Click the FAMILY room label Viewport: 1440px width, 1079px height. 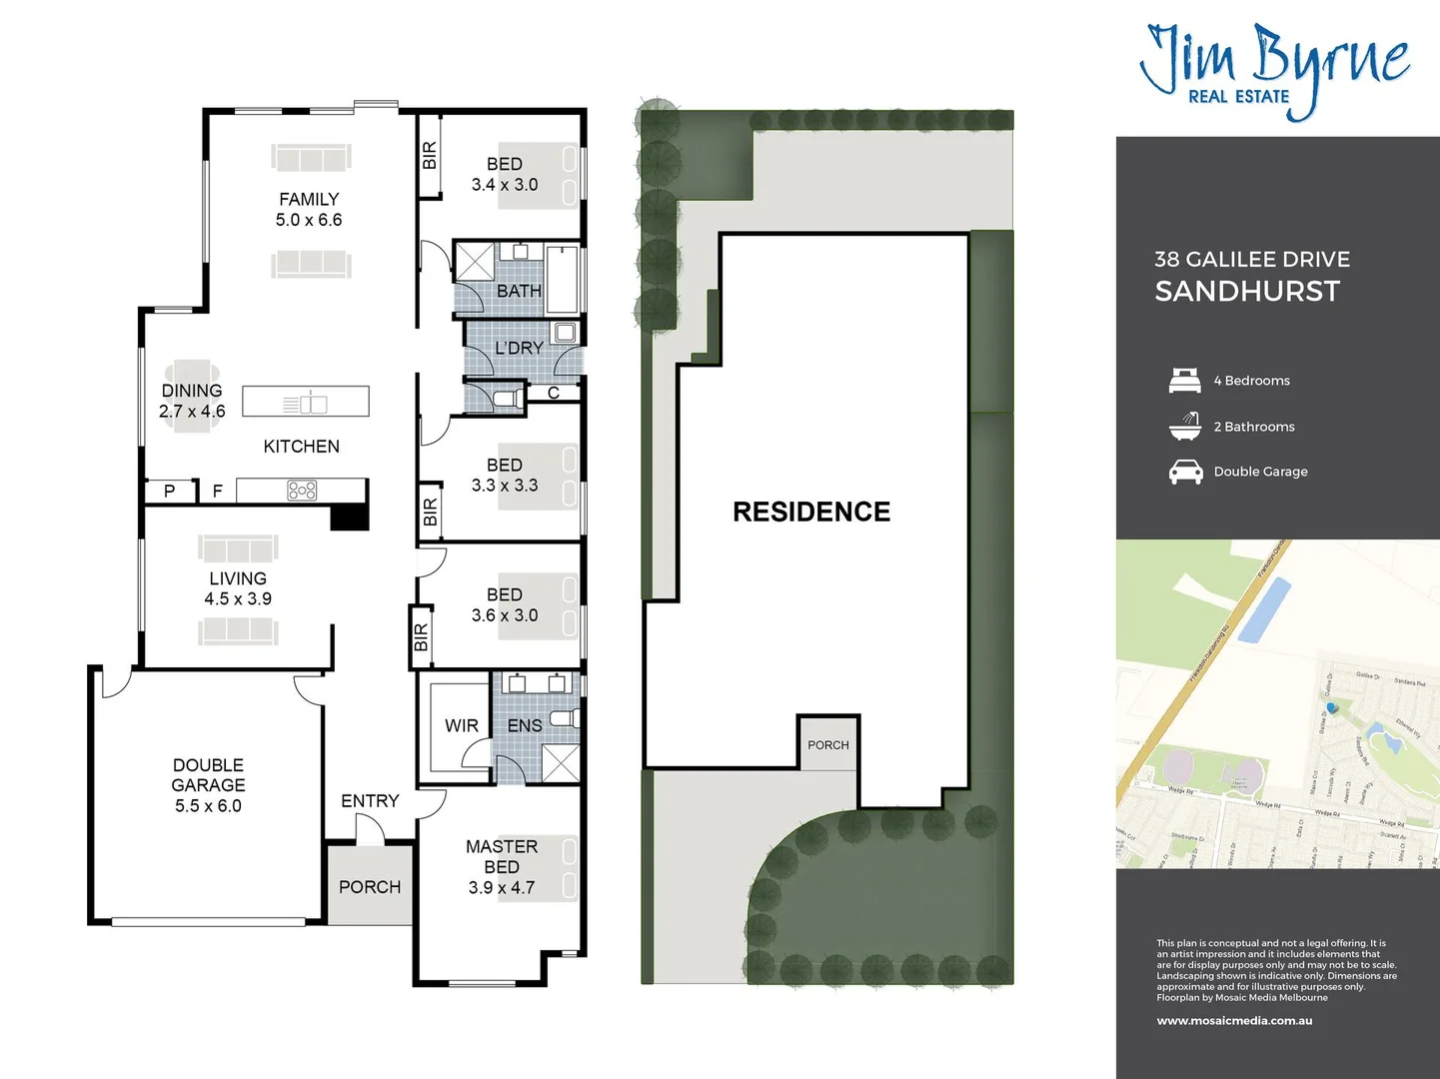(309, 200)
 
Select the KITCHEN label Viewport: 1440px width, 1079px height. (301, 447)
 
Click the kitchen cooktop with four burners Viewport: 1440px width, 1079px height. (302, 490)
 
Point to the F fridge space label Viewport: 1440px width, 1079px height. (217, 492)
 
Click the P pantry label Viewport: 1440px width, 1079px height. (169, 492)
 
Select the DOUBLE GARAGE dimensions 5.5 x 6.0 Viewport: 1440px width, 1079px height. (208, 806)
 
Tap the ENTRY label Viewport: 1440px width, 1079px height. (369, 801)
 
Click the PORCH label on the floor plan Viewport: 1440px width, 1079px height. (369, 887)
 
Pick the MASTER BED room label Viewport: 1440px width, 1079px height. (502, 856)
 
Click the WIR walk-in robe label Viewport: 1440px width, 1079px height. (461, 726)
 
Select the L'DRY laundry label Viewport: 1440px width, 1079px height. (519, 349)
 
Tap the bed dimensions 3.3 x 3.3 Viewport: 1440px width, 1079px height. (505, 486)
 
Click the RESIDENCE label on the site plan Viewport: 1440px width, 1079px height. (810, 512)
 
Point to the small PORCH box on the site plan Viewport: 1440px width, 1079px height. (828, 744)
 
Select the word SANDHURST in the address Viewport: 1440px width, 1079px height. (1247, 292)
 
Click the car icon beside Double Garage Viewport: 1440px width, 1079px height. (1185, 472)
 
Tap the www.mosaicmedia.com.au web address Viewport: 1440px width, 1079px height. (1234, 1021)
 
